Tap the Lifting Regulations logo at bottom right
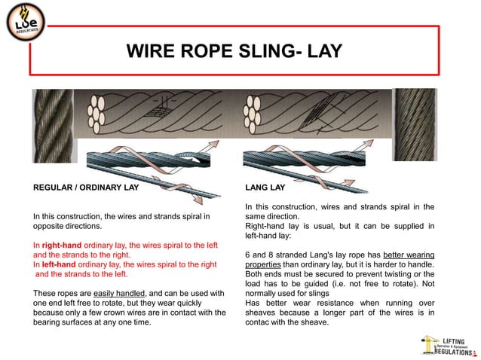(448, 345)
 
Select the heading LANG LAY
(265, 187)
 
